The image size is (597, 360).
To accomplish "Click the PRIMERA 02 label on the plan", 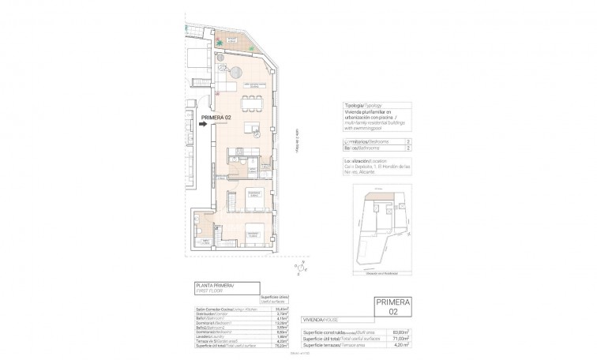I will coord(216,118).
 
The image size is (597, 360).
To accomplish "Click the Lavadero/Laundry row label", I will coord(211,337).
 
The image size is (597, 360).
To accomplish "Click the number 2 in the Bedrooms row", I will coord(407,140).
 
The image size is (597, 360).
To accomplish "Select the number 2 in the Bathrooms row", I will coord(407,148).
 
